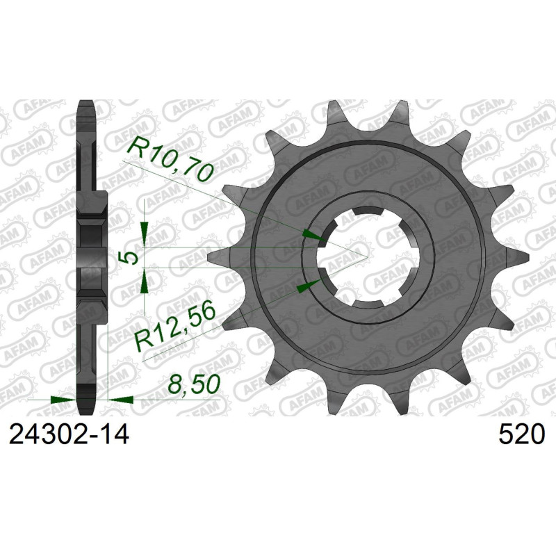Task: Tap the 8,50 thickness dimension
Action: tap(192, 384)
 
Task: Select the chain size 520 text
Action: tap(520, 436)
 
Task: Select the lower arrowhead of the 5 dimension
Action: tap(144, 281)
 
